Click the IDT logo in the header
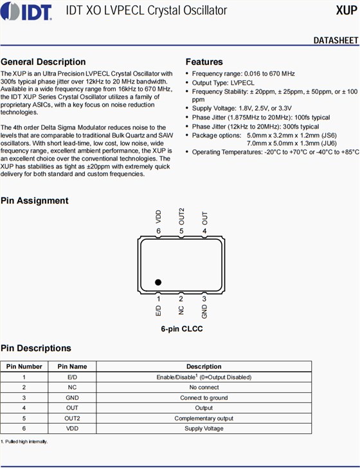point(26,11)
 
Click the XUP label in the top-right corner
point(346,10)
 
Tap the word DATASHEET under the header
point(336,40)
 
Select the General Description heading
point(43,62)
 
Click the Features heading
point(204,62)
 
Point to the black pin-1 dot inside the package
point(158,282)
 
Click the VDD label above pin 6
point(159,217)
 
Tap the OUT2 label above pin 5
point(181,217)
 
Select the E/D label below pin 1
point(159,310)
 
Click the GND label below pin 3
point(204,311)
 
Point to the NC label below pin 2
point(181,310)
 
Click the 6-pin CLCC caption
point(182,328)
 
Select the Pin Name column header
point(72,366)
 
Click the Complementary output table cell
point(204,419)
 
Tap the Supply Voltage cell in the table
point(204,429)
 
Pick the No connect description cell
point(204,388)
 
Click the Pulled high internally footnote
point(24,442)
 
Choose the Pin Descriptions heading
point(36,348)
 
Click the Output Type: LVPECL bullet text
point(223,83)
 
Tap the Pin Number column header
point(24,366)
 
